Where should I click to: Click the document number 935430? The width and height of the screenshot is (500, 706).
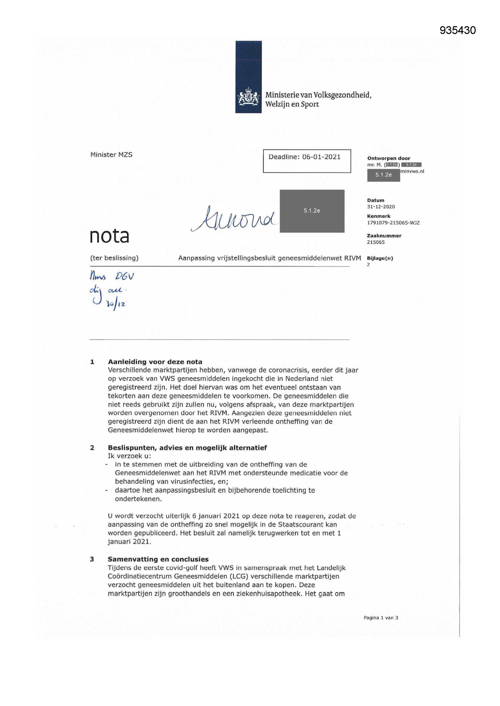458,31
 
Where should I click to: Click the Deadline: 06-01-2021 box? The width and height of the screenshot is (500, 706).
307,161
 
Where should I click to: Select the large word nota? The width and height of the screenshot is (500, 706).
109,236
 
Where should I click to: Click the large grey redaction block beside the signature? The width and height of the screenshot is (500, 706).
312,211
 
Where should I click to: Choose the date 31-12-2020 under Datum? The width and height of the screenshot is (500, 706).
381,207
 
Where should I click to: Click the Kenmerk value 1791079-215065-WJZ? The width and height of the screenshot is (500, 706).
393,223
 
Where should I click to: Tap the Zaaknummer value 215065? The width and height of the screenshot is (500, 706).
376,242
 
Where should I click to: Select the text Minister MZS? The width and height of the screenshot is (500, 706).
111,155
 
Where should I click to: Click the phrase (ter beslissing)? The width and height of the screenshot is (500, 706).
114,258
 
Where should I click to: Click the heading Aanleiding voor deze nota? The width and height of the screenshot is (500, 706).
155,362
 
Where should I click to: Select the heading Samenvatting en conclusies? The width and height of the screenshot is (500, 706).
158,559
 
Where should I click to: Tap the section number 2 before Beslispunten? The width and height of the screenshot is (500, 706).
92,448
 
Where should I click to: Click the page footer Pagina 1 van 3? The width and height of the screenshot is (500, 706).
380,618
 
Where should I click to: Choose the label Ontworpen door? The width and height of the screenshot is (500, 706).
388,159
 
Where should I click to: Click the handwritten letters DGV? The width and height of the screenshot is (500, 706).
124,277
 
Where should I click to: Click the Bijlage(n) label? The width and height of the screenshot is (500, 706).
380,258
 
